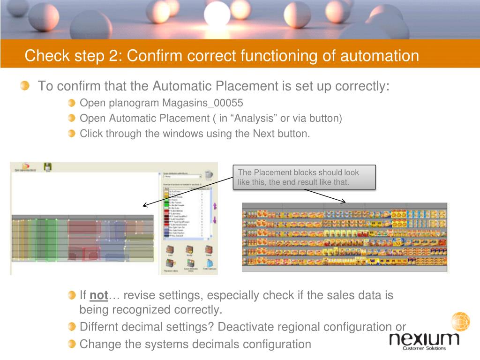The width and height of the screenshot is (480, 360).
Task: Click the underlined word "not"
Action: (99, 295)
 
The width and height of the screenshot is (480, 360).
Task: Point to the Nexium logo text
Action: (425, 338)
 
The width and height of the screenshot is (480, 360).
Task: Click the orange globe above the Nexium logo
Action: (460, 322)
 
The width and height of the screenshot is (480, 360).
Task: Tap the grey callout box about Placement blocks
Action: (304, 177)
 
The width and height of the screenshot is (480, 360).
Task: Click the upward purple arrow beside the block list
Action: (215, 206)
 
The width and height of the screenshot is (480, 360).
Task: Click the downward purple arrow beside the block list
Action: (215, 219)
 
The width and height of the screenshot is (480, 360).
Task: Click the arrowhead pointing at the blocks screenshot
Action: (145, 205)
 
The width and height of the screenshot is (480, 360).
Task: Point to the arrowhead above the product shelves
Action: (344, 202)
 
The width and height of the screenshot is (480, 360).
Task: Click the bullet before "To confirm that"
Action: (25, 86)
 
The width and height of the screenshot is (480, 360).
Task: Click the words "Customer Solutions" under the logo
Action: (424, 348)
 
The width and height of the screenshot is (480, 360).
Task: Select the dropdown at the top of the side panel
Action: (181, 176)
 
